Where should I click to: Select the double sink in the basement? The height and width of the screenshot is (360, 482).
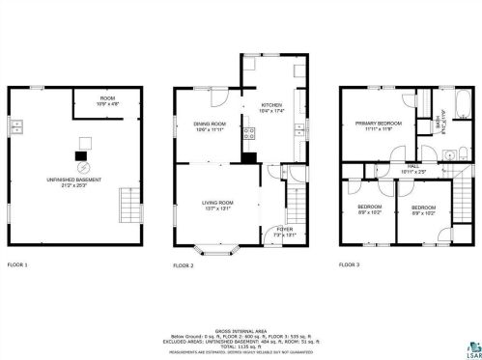click(x=16, y=126)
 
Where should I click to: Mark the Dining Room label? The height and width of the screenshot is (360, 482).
click(x=209, y=125)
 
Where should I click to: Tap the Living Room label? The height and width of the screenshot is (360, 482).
click(x=216, y=205)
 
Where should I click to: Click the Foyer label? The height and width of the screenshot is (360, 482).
click(x=285, y=232)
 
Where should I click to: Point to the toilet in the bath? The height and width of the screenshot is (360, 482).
click(x=452, y=153)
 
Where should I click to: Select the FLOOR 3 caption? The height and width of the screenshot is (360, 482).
click(x=351, y=264)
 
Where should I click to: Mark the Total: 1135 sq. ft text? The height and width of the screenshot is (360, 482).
click(x=241, y=341)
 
